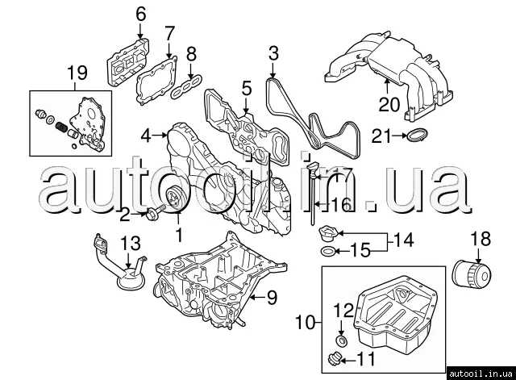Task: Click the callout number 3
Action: tap(273, 54)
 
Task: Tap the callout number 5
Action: tap(246, 86)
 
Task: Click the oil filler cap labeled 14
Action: tap(325, 235)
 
